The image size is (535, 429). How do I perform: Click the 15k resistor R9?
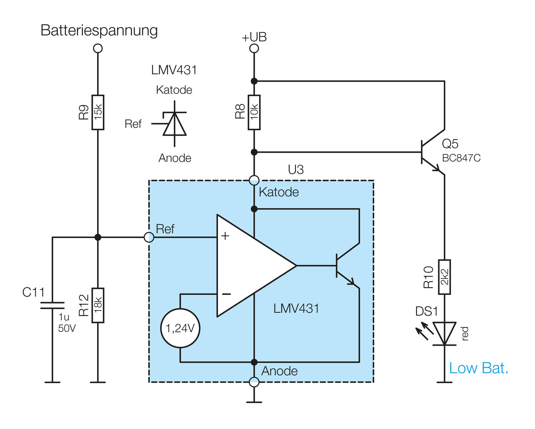tap(98, 112)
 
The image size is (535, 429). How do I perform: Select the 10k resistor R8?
tap(254, 112)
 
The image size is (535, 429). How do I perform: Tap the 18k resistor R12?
tap(98, 305)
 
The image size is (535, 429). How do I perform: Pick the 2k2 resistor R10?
tap(444, 277)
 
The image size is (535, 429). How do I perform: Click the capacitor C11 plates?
tap(52, 305)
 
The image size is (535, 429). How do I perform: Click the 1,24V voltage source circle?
tap(180, 328)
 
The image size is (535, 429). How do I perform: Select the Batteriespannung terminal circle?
tap(98, 48)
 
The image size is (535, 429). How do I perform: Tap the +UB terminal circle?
tap(254, 48)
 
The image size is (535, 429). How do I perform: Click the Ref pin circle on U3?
tap(149, 237)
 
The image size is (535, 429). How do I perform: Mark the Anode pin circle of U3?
tap(254, 382)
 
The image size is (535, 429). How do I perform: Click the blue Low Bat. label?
tap(478, 368)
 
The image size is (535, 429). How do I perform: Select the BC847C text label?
tap(461, 158)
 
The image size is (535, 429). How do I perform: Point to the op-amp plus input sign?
tap(225, 236)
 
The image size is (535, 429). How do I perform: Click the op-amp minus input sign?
tap(226, 294)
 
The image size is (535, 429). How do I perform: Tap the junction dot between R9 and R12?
tap(98, 237)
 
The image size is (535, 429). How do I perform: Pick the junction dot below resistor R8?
tap(254, 152)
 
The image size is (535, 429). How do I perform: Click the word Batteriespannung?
tap(99, 30)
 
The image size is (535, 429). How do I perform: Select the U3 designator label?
tap(296, 169)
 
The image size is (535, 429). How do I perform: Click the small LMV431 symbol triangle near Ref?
tap(174, 125)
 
